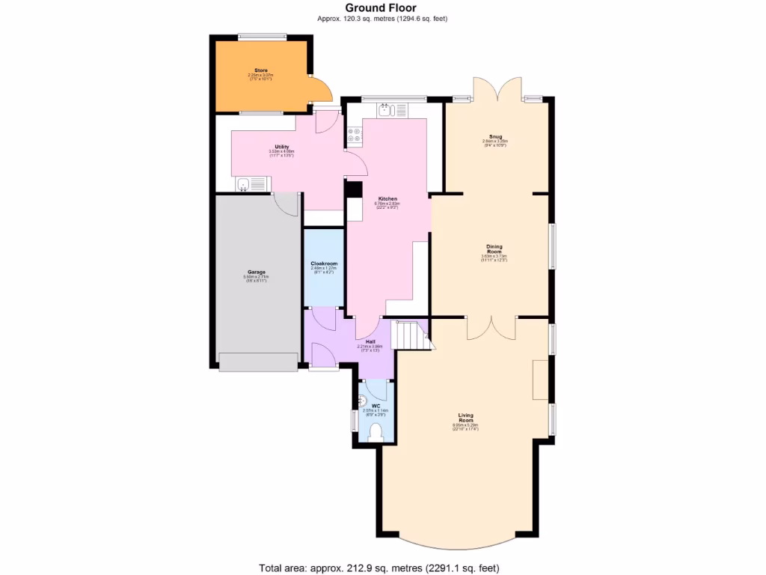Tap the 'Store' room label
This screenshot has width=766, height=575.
click(260, 70)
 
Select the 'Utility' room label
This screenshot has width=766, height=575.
click(281, 147)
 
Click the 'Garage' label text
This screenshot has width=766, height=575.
click(257, 272)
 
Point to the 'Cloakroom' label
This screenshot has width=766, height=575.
click(324, 264)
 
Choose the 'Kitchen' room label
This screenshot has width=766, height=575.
click(387, 198)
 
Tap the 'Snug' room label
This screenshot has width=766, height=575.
click(495, 137)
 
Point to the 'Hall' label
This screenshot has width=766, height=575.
click(370, 341)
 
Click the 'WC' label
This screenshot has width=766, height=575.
click(376, 406)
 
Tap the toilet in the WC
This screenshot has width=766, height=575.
click(376, 431)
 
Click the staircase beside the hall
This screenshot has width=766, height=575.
click(410, 335)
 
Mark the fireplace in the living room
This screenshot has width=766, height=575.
click(539, 380)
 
